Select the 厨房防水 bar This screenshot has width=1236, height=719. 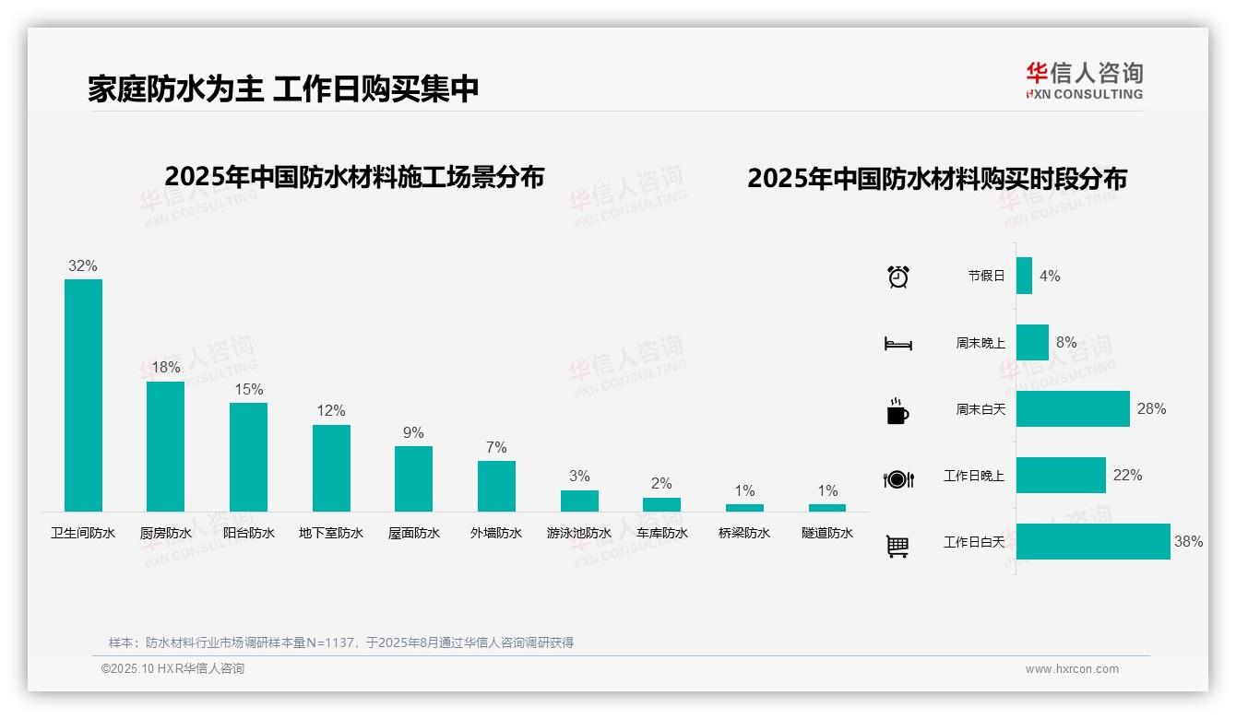[166, 446]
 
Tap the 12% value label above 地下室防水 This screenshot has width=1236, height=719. [331, 411]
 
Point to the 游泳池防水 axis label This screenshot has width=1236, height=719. [579, 533]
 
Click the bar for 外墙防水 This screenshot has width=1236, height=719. [496, 486]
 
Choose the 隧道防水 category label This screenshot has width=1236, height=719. [827, 533]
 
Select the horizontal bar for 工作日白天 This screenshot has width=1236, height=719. [1093, 542]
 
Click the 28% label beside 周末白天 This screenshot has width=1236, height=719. [1151, 408]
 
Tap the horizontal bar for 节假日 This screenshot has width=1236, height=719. [1024, 276]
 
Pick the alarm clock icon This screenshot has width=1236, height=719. [898, 276]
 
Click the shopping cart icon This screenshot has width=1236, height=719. [897, 546]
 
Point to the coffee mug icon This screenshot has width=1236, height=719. [897, 411]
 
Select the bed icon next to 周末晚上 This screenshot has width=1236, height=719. [897, 344]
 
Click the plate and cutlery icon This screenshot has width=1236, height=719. [897, 478]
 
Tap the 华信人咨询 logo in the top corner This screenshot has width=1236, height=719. [1084, 80]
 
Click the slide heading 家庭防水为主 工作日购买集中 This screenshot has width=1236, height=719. [283, 88]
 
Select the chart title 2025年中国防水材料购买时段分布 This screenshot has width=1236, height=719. [937, 179]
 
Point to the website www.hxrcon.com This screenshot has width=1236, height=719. [1072, 669]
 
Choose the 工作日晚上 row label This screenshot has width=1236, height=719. [973, 476]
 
